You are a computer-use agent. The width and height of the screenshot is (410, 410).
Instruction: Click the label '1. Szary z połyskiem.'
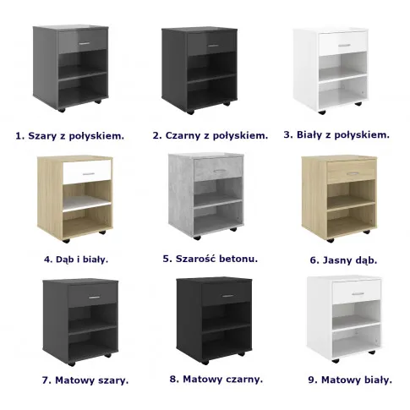pyautogui.click(x=69, y=136)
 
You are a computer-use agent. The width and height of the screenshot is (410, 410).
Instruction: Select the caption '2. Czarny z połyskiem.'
pyautogui.click(x=210, y=135)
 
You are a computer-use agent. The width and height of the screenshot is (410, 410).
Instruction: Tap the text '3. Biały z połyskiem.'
pyautogui.click(x=336, y=135)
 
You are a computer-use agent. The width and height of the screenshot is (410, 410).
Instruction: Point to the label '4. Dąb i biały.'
pyautogui.click(x=76, y=260)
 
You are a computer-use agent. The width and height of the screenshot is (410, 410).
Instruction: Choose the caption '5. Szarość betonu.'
pyautogui.click(x=210, y=259)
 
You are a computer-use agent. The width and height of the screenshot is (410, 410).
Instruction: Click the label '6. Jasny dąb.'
pyautogui.click(x=343, y=260)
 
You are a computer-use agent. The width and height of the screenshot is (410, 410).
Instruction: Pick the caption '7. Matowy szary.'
pyautogui.click(x=85, y=380)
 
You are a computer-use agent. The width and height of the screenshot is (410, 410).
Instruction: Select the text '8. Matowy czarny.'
pyautogui.click(x=216, y=380)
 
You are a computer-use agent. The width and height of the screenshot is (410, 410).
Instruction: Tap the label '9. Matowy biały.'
pyautogui.click(x=350, y=380)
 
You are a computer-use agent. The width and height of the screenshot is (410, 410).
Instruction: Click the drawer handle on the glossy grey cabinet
pyautogui.click(x=85, y=43)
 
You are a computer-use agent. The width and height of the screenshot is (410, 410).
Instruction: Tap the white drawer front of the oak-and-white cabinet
pyautogui.click(x=87, y=172)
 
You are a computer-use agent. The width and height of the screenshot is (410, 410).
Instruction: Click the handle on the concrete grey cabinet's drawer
pyautogui.click(x=219, y=171)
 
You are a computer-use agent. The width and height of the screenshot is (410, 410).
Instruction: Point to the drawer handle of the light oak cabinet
pyautogui.click(x=353, y=173)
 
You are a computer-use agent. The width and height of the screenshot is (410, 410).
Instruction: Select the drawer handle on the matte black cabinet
pyautogui.click(x=227, y=296)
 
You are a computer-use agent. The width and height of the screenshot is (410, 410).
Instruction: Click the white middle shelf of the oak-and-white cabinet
pyautogui.click(x=87, y=204)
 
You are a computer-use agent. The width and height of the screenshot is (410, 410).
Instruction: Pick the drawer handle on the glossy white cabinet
pyautogui.click(x=344, y=45)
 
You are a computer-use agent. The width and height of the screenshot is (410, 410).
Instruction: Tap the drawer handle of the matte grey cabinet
pyautogui.click(x=94, y=298)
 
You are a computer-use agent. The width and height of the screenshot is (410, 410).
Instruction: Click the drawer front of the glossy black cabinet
pyautogui.click(x=212, y=45)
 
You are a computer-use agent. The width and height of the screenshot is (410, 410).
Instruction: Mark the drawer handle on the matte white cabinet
pyautogui.click(x=358, y=293)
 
